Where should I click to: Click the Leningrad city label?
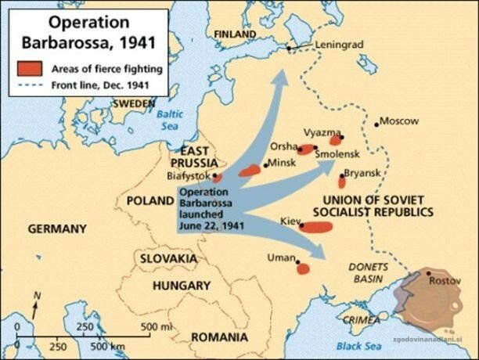point(339,45)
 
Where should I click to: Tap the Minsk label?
point(282,164)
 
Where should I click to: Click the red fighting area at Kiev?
point(316,227)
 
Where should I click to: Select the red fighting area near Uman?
point(302,268)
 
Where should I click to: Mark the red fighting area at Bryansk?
point(341,182)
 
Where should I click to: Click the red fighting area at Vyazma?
point(335,141)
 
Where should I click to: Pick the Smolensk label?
point(336,155)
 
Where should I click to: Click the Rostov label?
point(444,279)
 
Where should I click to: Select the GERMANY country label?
point(56,229)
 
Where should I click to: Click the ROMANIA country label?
point(219,337)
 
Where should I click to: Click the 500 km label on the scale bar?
point(108,346)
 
